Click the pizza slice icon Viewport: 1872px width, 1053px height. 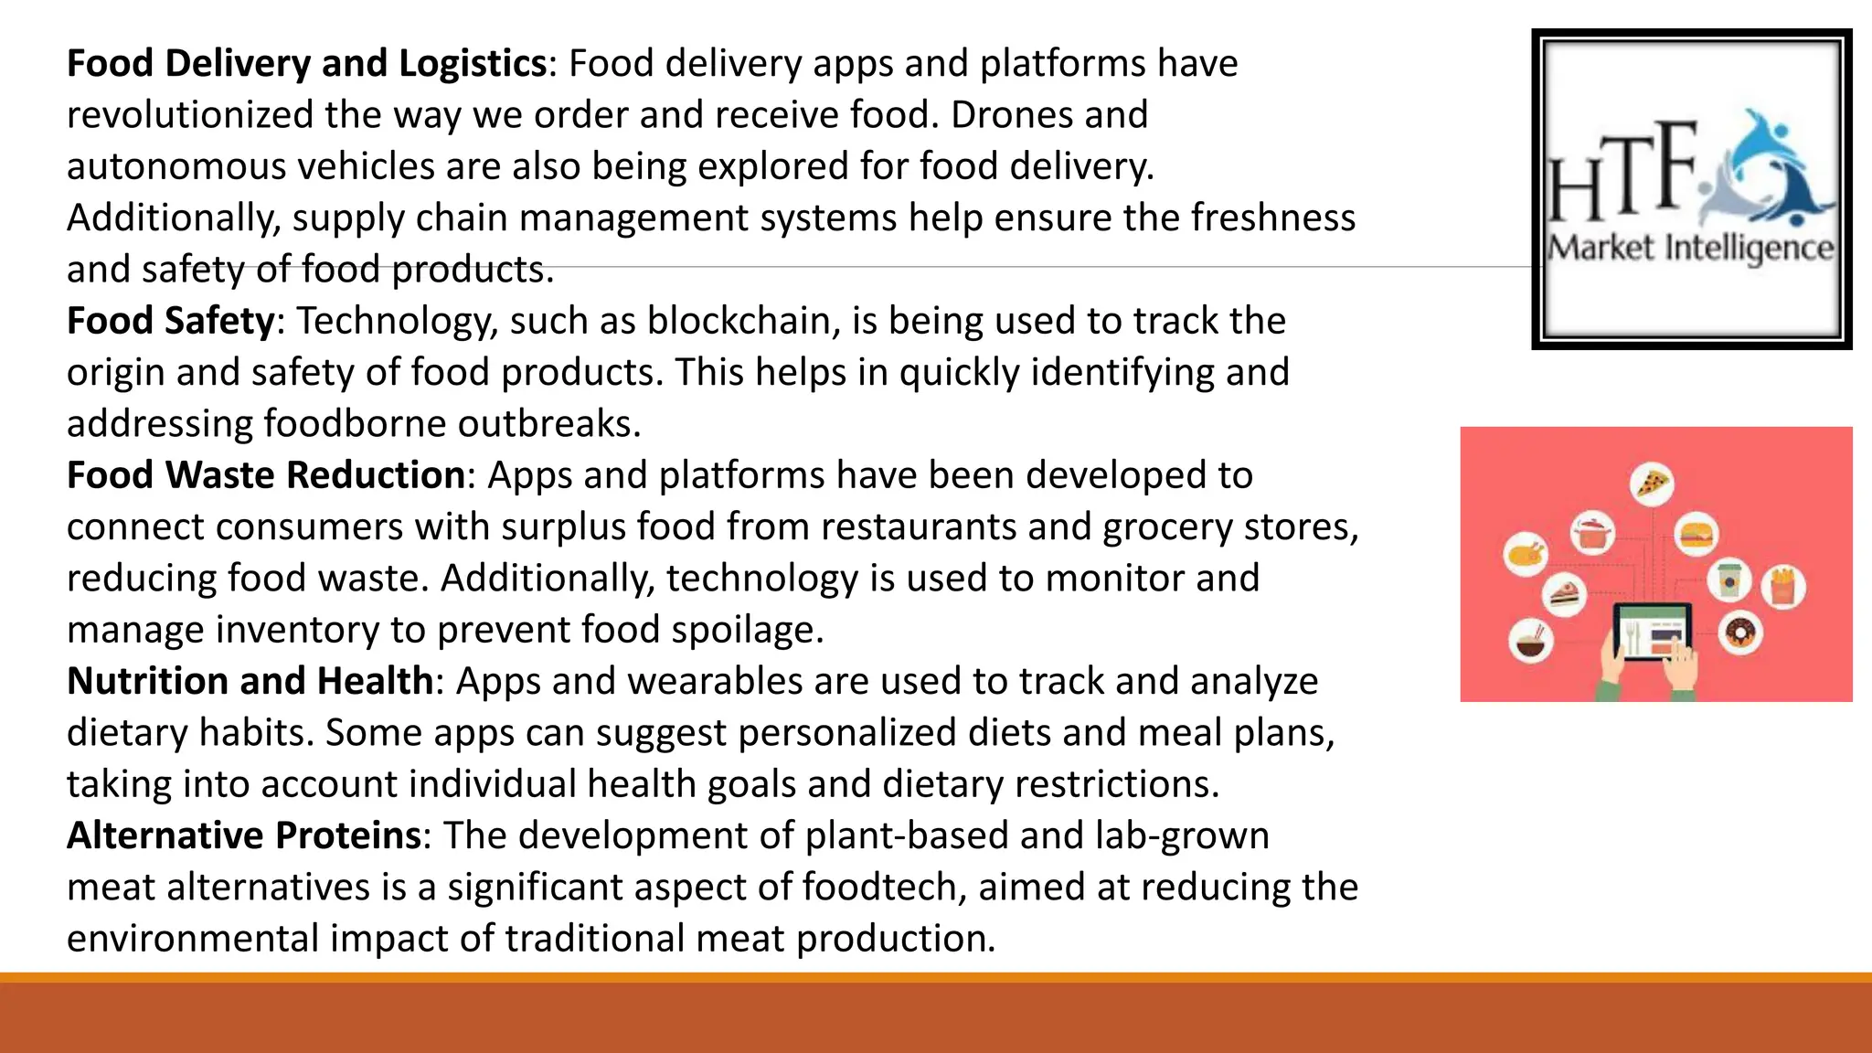click(1652, 484)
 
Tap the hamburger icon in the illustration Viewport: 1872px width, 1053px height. click(1696, 535)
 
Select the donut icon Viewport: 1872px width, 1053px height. click(1739, 633)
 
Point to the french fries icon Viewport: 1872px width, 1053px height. click(1783, 586)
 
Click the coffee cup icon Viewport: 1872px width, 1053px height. click(1728, 580)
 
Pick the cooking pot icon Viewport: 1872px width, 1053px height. click(1592, 533)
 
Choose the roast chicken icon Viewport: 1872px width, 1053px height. click(1526, 554)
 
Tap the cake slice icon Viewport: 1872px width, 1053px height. click(1564, 595)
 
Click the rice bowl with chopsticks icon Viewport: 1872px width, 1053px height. click(1530, 640)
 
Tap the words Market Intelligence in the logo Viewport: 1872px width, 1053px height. click(1690, 249)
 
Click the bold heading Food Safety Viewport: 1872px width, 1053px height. click(171, 322)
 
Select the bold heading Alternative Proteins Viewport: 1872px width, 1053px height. click(244, 836)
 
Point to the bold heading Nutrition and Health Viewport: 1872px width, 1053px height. click(250, 682)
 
